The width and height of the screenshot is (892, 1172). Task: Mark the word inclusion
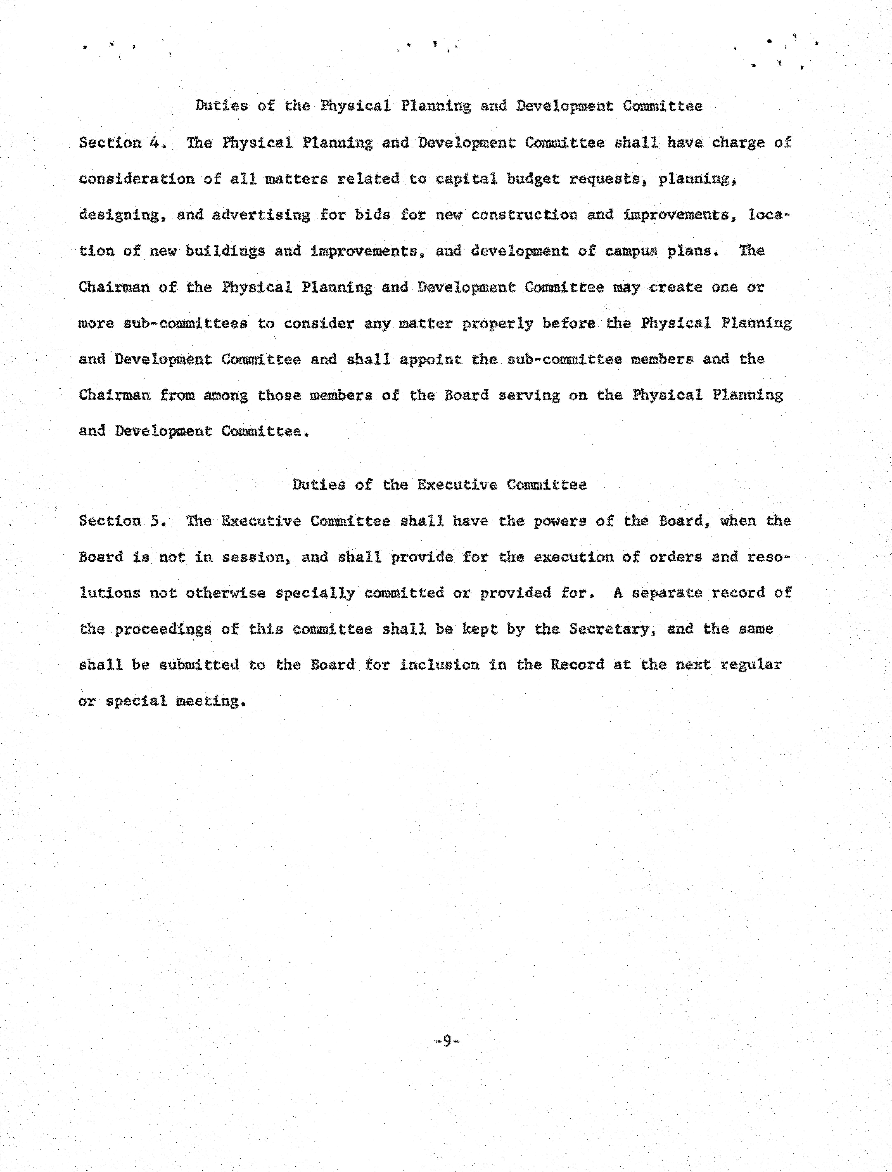[x=440, y=665]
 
